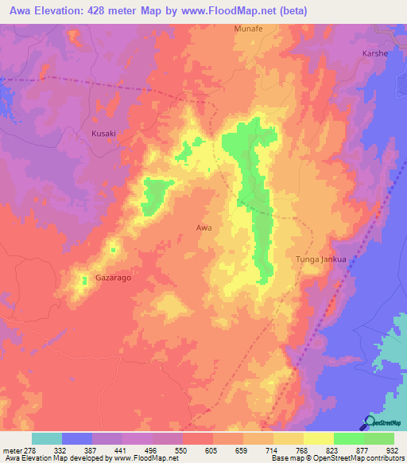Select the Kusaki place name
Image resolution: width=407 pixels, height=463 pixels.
tap(103, 134)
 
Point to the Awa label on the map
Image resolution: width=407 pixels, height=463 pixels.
tap(203, 228)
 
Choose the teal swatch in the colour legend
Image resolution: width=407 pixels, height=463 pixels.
tap(47, 438)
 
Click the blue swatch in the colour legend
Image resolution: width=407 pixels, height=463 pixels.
tap(77, 438)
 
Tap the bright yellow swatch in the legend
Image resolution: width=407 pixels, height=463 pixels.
tap(319, 438)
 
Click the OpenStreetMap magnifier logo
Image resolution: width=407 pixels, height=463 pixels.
tap(370, 422)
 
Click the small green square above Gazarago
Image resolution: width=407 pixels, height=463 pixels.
tap(113, 251)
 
